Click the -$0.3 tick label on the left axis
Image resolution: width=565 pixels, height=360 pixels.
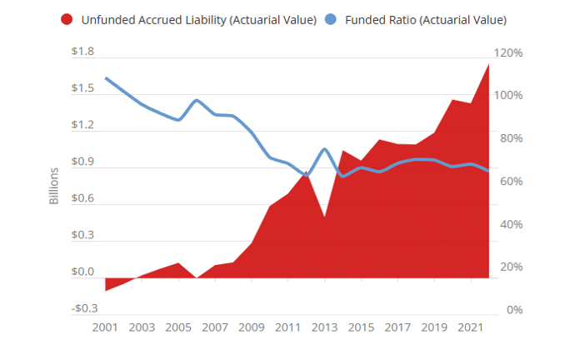(x=82, y=308)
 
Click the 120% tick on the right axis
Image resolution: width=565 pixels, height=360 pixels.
(x=507, y=52)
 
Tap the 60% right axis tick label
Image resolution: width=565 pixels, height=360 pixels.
(x=510, y=181)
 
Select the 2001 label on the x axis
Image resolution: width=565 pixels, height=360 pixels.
(x=105, y=327)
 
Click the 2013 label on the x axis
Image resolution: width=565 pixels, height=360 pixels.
(x=324, y=327)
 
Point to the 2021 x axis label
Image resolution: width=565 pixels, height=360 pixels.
(x=470, y=327)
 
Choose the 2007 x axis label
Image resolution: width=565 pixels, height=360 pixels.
(x=215, y=327)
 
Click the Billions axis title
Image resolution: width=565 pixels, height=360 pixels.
(x=54, y=187)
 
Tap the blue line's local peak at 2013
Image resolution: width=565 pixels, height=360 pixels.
(x=324, y=149)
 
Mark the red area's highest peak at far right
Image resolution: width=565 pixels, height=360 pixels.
(x=488, y=64)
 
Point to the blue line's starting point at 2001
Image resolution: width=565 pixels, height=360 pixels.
(x=106, y=78)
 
